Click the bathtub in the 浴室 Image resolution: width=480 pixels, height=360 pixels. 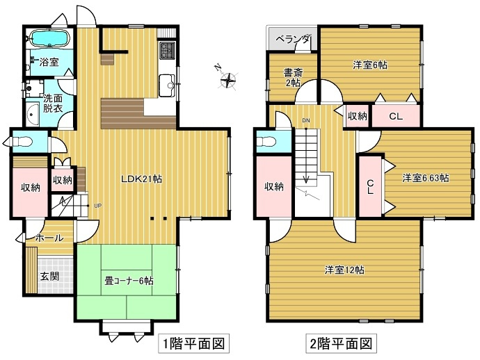tap(49, 38)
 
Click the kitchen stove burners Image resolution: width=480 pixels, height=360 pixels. tap(168, 51)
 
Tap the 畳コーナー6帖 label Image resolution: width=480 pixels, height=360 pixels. tap(129, 281)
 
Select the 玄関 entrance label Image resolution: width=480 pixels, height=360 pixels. tap(49, 276)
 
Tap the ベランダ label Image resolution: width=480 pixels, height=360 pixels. tap(293, 39)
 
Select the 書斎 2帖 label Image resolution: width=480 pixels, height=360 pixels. tap(292, 77)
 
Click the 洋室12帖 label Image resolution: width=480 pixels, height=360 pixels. tap(346, 270)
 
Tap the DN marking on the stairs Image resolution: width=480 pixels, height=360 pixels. tap(305, 121)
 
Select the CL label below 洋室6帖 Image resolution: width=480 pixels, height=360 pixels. tap(395, 116)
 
